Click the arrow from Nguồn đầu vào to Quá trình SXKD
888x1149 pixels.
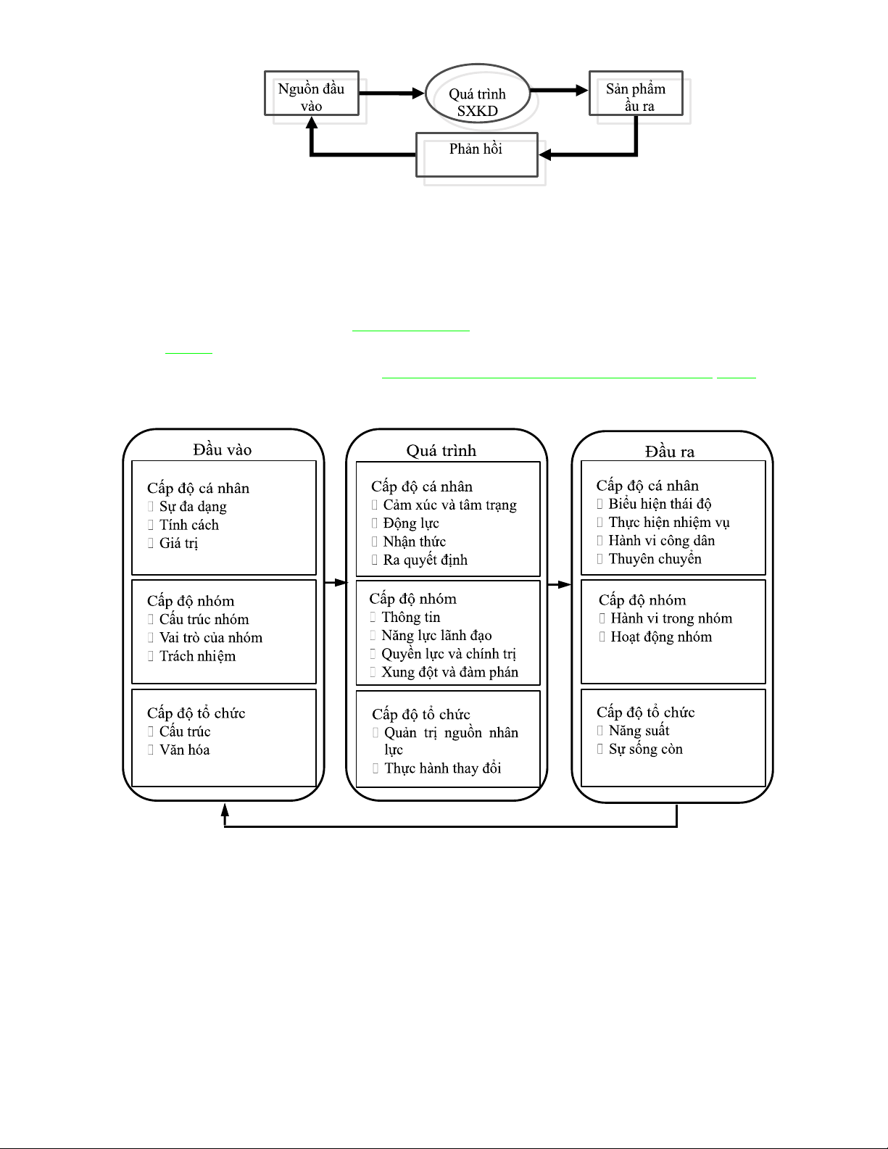click(x=391, y=93)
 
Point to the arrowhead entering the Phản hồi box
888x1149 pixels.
click(x=545, y=154)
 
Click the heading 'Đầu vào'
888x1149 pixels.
click(x=222, y=449)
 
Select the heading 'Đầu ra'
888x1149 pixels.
click(x=669, y=452)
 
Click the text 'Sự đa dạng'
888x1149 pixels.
click(x=193, y=507)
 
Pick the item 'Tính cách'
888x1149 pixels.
click(x=188, y=525)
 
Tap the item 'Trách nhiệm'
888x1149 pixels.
click(x=197, y=655)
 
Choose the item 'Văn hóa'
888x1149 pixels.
click(x=184, y=750)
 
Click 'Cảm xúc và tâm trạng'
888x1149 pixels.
click(x=450, y=505)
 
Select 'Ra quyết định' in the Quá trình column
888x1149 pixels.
click(x=425, y=560)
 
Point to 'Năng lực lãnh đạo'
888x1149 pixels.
click(x=436, y=635)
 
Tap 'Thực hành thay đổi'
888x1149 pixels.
click(x=442, y=768)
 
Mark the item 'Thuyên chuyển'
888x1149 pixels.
click(x=655, y=558)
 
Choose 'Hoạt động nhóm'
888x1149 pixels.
click(x=661, y=636)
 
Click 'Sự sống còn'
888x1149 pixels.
click(x=645, y=749)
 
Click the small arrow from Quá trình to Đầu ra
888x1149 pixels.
click(x=559, y=584)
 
